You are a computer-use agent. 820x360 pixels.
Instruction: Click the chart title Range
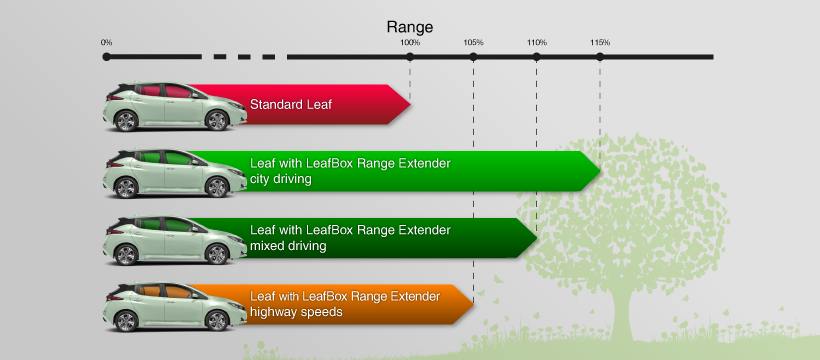[409, 27]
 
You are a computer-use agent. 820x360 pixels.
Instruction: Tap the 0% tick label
[107, 42]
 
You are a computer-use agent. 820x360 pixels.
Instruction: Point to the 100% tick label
[410, 42]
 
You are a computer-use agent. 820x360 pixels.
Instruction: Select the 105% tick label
[473, 42]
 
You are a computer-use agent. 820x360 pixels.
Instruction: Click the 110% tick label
[537, 42]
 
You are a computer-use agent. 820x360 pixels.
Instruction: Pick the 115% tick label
[600, 42]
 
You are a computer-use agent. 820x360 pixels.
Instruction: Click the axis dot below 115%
[600, 57]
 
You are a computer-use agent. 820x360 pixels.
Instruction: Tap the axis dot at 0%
[107, 57]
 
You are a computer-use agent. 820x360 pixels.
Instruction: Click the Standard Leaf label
[291, 105]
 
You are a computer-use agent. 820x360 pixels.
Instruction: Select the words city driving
[281, 179]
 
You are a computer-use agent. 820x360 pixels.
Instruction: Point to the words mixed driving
[288, 246]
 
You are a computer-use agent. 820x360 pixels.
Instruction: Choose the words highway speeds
[296, 312]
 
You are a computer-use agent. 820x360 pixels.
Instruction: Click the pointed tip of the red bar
[411, 105]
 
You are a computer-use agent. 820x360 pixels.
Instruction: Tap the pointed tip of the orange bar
[474, 305]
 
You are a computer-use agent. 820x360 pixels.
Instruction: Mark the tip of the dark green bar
[537, 238]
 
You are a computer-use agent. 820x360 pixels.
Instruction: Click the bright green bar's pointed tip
[600, 171]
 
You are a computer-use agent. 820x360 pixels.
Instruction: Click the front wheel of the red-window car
[217, 120]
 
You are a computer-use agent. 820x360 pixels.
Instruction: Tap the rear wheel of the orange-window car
[126, 321]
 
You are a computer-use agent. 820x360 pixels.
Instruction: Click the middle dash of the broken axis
[244, 57]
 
